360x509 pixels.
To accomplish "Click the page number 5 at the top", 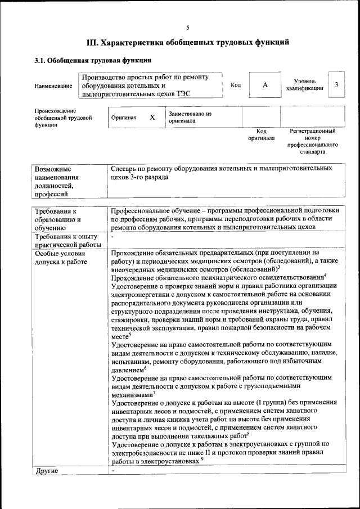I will (x=188, y=27).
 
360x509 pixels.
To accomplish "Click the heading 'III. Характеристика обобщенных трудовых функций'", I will (x=188, y=42).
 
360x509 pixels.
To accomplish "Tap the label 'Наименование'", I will (x=53, y=86).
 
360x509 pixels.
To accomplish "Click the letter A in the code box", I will (x=265, y=85).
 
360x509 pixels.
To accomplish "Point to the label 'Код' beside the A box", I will (x=236, y=85).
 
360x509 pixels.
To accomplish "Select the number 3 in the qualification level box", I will (x=336, y=85).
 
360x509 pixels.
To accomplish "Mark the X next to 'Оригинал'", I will (x=152, y=118).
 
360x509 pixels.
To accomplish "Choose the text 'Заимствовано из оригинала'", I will (x=190, y=117).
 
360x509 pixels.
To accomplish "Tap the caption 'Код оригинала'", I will (x=261, y=134).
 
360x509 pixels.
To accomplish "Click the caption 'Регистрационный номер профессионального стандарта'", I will (x=312, y=141).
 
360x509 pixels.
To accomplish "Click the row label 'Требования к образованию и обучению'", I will (x=59, y=219).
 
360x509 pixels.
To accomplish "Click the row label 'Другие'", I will (x=47, y=470).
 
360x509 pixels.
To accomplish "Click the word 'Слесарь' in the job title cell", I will (x=126, y=168).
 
